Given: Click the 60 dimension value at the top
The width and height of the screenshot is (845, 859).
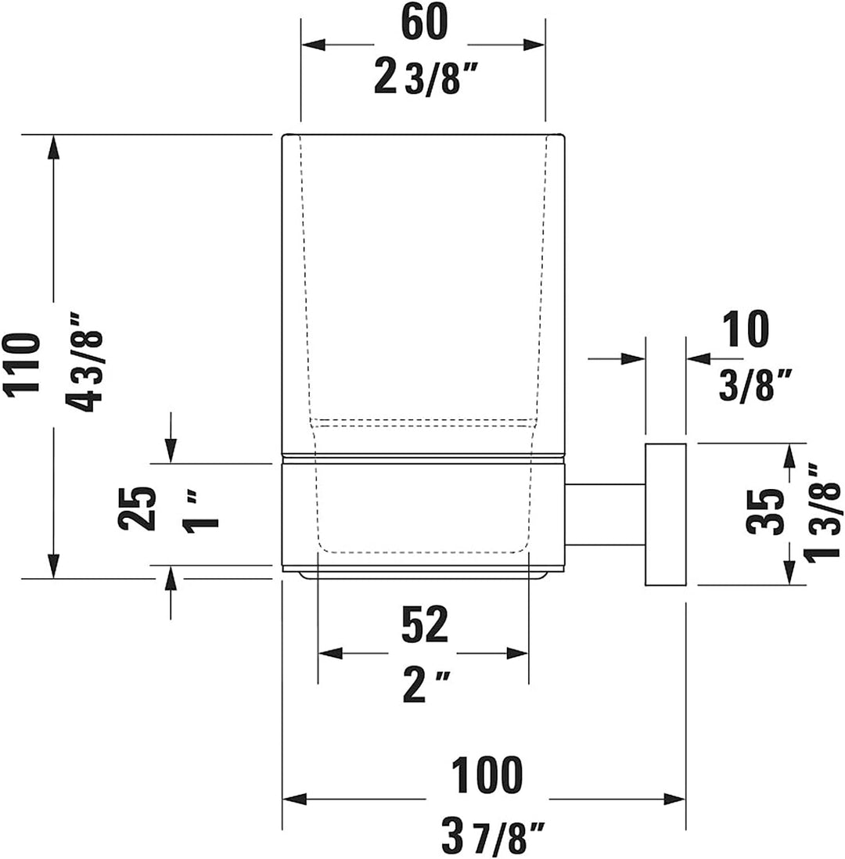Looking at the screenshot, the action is (x=424, y=23).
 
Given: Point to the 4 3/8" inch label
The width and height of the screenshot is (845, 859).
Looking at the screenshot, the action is (x=84, y=363).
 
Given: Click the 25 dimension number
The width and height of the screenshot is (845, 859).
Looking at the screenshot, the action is (x=136, y=509).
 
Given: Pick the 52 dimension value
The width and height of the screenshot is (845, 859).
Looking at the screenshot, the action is (x=425, y=624).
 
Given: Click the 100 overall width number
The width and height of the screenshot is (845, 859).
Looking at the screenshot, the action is (x=487, y=775).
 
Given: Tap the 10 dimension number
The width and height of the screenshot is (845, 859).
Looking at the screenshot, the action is (x=746, y=329).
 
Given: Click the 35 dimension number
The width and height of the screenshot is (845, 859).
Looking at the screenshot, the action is (x=764, y=511).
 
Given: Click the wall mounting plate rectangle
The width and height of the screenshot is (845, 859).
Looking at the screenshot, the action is (x=665, y=514).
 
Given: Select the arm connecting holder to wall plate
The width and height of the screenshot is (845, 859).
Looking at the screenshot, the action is (x=605, y=515).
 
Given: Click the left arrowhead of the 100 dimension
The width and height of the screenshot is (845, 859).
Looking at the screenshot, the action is (x=294, y=799).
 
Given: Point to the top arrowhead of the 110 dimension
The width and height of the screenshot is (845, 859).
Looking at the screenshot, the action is (x=53, y=147).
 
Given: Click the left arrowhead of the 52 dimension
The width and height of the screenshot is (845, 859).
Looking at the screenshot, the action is (x=330, y=653).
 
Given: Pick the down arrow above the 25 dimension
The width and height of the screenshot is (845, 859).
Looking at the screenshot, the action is (x=171, y=451).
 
